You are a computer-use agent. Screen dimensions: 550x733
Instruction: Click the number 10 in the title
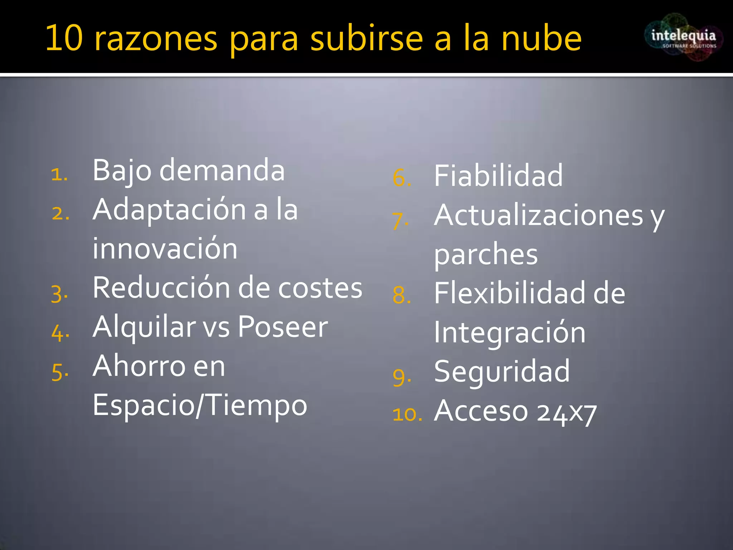[x=64, y=38]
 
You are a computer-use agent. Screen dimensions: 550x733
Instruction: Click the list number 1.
[x=59, y=175]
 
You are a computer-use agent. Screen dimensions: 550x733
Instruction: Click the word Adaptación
[x=169, y=210]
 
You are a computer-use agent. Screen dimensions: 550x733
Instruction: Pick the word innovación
[x=165, y=249]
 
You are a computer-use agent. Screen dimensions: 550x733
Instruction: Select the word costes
[x=320, y=288]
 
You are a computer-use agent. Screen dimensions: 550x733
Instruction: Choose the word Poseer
[x=282, y=327]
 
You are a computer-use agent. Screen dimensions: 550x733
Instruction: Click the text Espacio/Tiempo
[x=200, y=405]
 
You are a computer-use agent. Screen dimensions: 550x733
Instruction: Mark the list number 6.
[x=401, y=178]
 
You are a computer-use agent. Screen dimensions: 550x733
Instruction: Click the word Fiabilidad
[x=498, y=176]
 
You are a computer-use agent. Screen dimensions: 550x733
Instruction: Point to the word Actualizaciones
[x=538, y=216]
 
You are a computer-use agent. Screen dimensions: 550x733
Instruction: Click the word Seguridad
[x=502, y=372]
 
